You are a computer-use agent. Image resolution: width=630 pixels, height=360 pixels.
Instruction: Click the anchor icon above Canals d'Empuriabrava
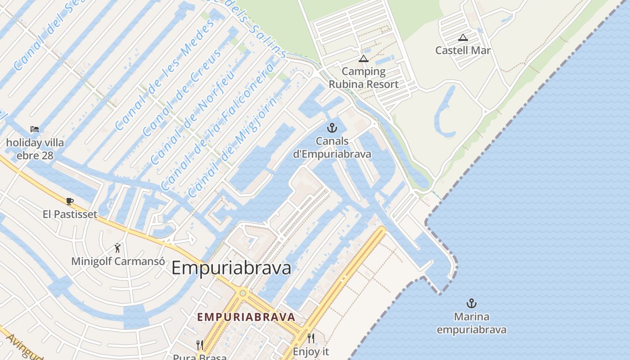coord(332,128)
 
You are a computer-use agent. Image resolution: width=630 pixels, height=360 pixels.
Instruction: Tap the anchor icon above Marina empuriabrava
coord(471,303)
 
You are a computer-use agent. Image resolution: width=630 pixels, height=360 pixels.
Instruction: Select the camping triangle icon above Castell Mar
coord(463,38)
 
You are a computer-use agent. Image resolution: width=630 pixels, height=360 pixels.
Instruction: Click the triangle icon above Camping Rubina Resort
coord(364,58)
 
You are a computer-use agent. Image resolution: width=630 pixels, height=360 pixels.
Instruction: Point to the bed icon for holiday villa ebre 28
coord(35,129)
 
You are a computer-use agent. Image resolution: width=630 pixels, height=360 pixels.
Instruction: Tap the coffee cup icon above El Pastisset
coord(69,201)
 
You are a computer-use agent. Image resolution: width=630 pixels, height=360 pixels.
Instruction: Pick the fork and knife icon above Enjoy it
coord(310,337)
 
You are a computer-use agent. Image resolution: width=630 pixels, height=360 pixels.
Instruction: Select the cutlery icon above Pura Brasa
coord(200,345)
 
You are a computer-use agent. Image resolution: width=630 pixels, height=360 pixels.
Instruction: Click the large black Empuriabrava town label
coord(231,268)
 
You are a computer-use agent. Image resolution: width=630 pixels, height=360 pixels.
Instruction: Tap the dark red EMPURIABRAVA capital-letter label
coord(246,317)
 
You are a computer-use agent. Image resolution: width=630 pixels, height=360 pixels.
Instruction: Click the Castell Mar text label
coord(463,50)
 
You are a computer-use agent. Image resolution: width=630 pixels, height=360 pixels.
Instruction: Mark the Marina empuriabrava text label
coord(471,323)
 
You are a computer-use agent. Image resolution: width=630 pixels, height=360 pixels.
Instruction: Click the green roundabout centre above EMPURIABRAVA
coord(243,293)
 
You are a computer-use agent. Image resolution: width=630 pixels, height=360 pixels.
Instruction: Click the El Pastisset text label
coord(70,214)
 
